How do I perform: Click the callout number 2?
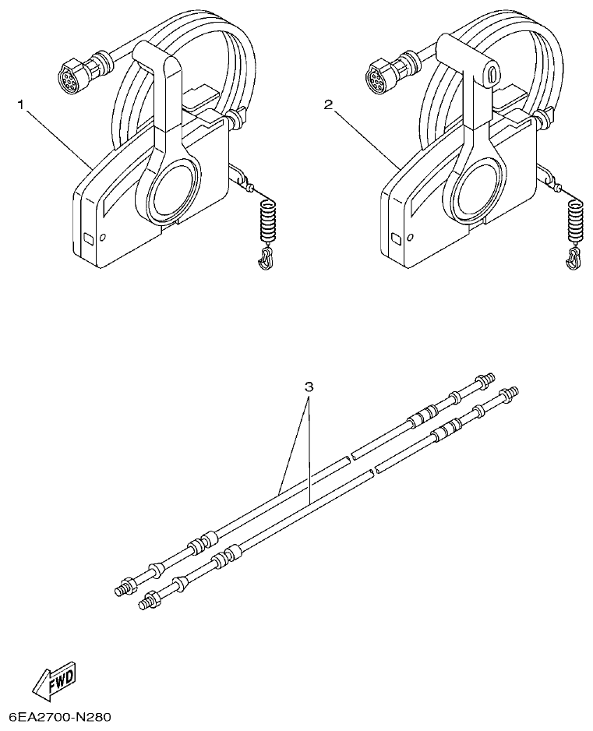[329, 104]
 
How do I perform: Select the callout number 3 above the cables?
[309, 387]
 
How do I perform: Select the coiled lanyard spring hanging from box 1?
[267, 221]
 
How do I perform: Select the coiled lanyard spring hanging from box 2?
[575, 221]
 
